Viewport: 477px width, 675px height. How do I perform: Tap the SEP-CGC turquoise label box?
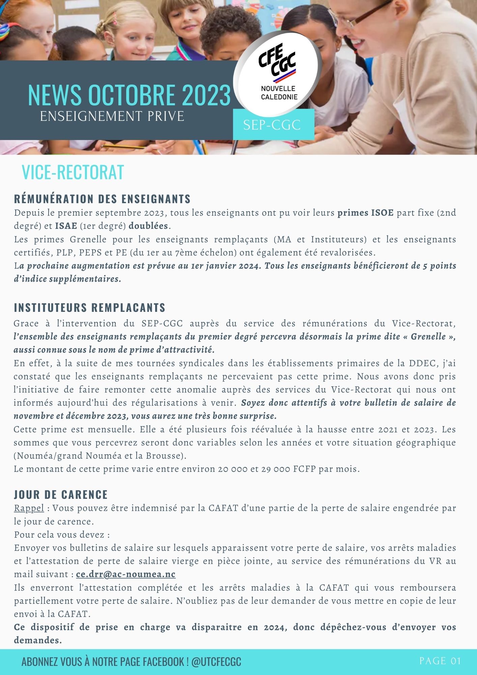click(x=273, y=125)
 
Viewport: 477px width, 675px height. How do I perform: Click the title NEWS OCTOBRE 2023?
click(x=129, y=95)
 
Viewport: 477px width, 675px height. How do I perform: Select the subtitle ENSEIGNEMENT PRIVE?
click(x=112, y=116)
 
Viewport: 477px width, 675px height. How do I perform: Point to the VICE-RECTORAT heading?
click(x=73, y=172)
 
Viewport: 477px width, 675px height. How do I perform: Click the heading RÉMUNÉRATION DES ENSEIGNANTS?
click(x=102, y=199)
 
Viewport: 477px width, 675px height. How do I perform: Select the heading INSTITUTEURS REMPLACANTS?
click(x=90, y=308)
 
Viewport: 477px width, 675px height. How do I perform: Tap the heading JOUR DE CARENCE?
click(x=61, y=495)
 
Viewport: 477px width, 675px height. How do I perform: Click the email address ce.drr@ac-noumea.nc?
click(x=126, y=574)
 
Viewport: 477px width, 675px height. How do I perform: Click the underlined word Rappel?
click(x=29, y=508)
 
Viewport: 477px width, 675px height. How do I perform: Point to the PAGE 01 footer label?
click(x=440, y=661)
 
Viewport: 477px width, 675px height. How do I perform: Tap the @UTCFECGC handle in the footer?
click(x=216, y=662)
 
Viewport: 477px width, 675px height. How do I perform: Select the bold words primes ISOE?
click(x=365, y=213)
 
